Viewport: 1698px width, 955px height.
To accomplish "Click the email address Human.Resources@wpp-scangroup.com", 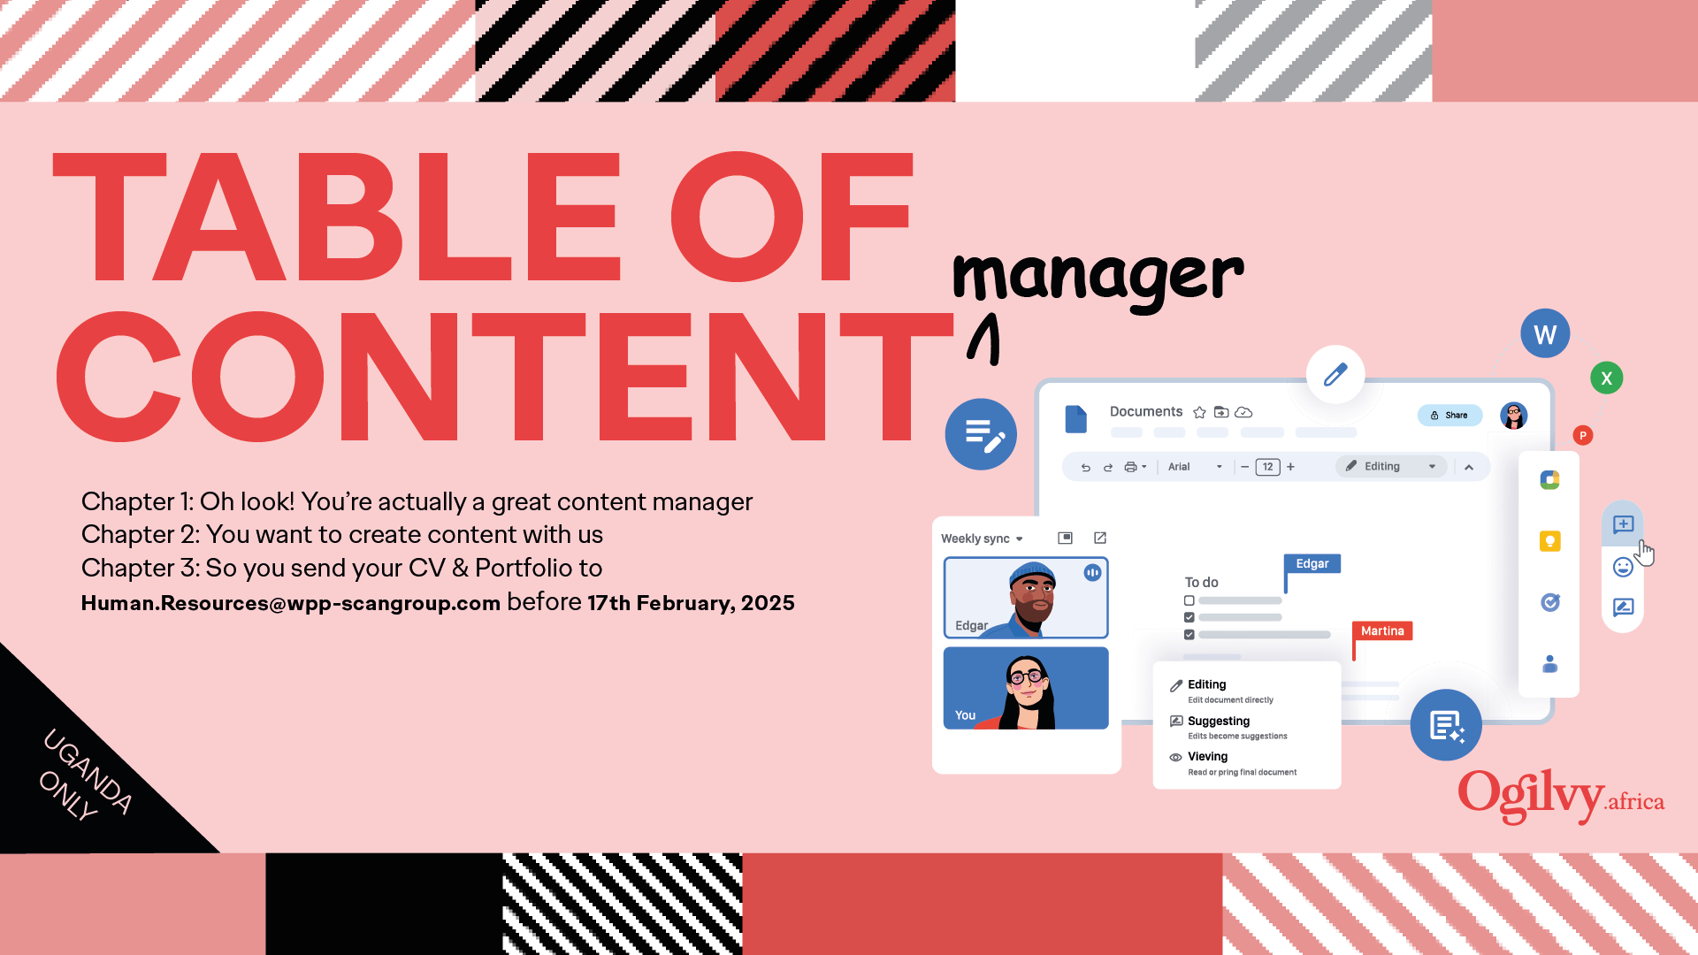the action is click(x=291, y=603).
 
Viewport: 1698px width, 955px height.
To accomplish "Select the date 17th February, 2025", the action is click(x=691, y=603).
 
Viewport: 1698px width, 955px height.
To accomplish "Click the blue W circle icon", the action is click(x=1545, y=333).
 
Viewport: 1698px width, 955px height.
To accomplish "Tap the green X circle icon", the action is click(x=1607, y=378).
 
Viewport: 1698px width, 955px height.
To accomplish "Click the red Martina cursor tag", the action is click(x=1382, y=630).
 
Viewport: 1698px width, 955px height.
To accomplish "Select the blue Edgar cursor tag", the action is click(x=1312, y=563).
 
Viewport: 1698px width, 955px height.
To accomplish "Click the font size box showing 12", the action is click(x=1267, y=467).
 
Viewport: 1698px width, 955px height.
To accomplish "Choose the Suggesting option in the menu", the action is click(x=1219, y=722).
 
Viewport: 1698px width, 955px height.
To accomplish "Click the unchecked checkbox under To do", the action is click(x=1189, y=600).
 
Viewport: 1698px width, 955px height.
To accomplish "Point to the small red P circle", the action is click(x=1583, y=435).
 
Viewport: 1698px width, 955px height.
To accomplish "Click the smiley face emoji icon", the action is click(x=1623, y=567).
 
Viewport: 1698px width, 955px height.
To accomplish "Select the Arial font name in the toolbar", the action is click(x=1179, y=467).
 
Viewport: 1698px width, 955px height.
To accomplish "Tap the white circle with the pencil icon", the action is click(x=1335, y=374).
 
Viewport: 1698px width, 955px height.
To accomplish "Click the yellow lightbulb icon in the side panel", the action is click(x=1550, y=541).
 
